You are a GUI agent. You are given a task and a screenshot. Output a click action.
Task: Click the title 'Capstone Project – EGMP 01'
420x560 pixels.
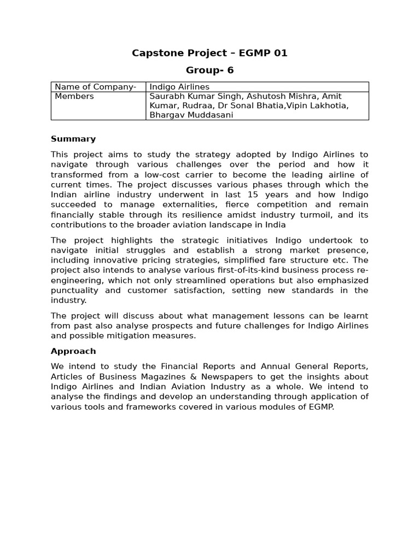pos(209,53)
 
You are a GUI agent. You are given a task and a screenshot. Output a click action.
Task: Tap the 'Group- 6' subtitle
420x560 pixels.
pos(209,70)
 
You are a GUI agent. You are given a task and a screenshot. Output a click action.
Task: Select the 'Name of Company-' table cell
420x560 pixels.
pos(96,87)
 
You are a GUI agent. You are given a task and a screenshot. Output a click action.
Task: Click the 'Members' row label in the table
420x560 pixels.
pos(74,96)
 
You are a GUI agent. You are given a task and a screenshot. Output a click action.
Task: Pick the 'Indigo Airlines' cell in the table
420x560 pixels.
pos(179,87)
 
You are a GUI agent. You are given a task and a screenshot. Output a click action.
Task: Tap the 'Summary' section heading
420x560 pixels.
pos(73,139)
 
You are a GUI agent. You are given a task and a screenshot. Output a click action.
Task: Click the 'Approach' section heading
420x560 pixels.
pos(73,351)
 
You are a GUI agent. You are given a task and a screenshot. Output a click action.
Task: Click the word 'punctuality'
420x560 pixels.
pos(74,290)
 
